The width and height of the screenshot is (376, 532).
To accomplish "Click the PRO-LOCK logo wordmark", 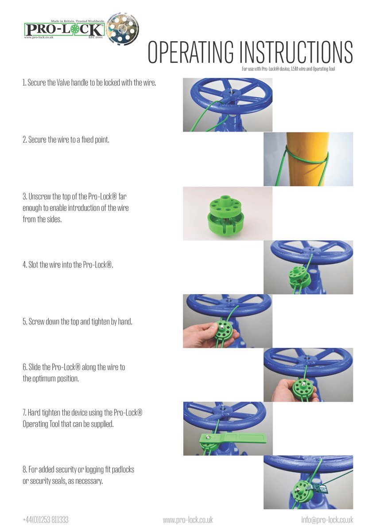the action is pos(64,29).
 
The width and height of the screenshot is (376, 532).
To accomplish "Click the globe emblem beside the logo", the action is pos(122,29).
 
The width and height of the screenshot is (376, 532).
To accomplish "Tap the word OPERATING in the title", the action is pos(191,52).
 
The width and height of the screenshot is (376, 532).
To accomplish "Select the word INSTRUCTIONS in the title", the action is pos(296,52).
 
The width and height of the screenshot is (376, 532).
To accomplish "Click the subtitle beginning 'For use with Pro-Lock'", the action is pos(288,69).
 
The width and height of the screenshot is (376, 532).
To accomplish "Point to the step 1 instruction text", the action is pos(89,82).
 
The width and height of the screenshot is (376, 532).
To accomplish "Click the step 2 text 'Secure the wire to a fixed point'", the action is pos(66,140).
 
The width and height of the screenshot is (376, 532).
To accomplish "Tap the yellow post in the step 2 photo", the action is pos(307,159).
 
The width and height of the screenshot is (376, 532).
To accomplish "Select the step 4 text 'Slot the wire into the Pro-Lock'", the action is pos(68,265).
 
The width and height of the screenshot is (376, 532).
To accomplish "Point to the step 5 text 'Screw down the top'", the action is pos(78,321).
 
